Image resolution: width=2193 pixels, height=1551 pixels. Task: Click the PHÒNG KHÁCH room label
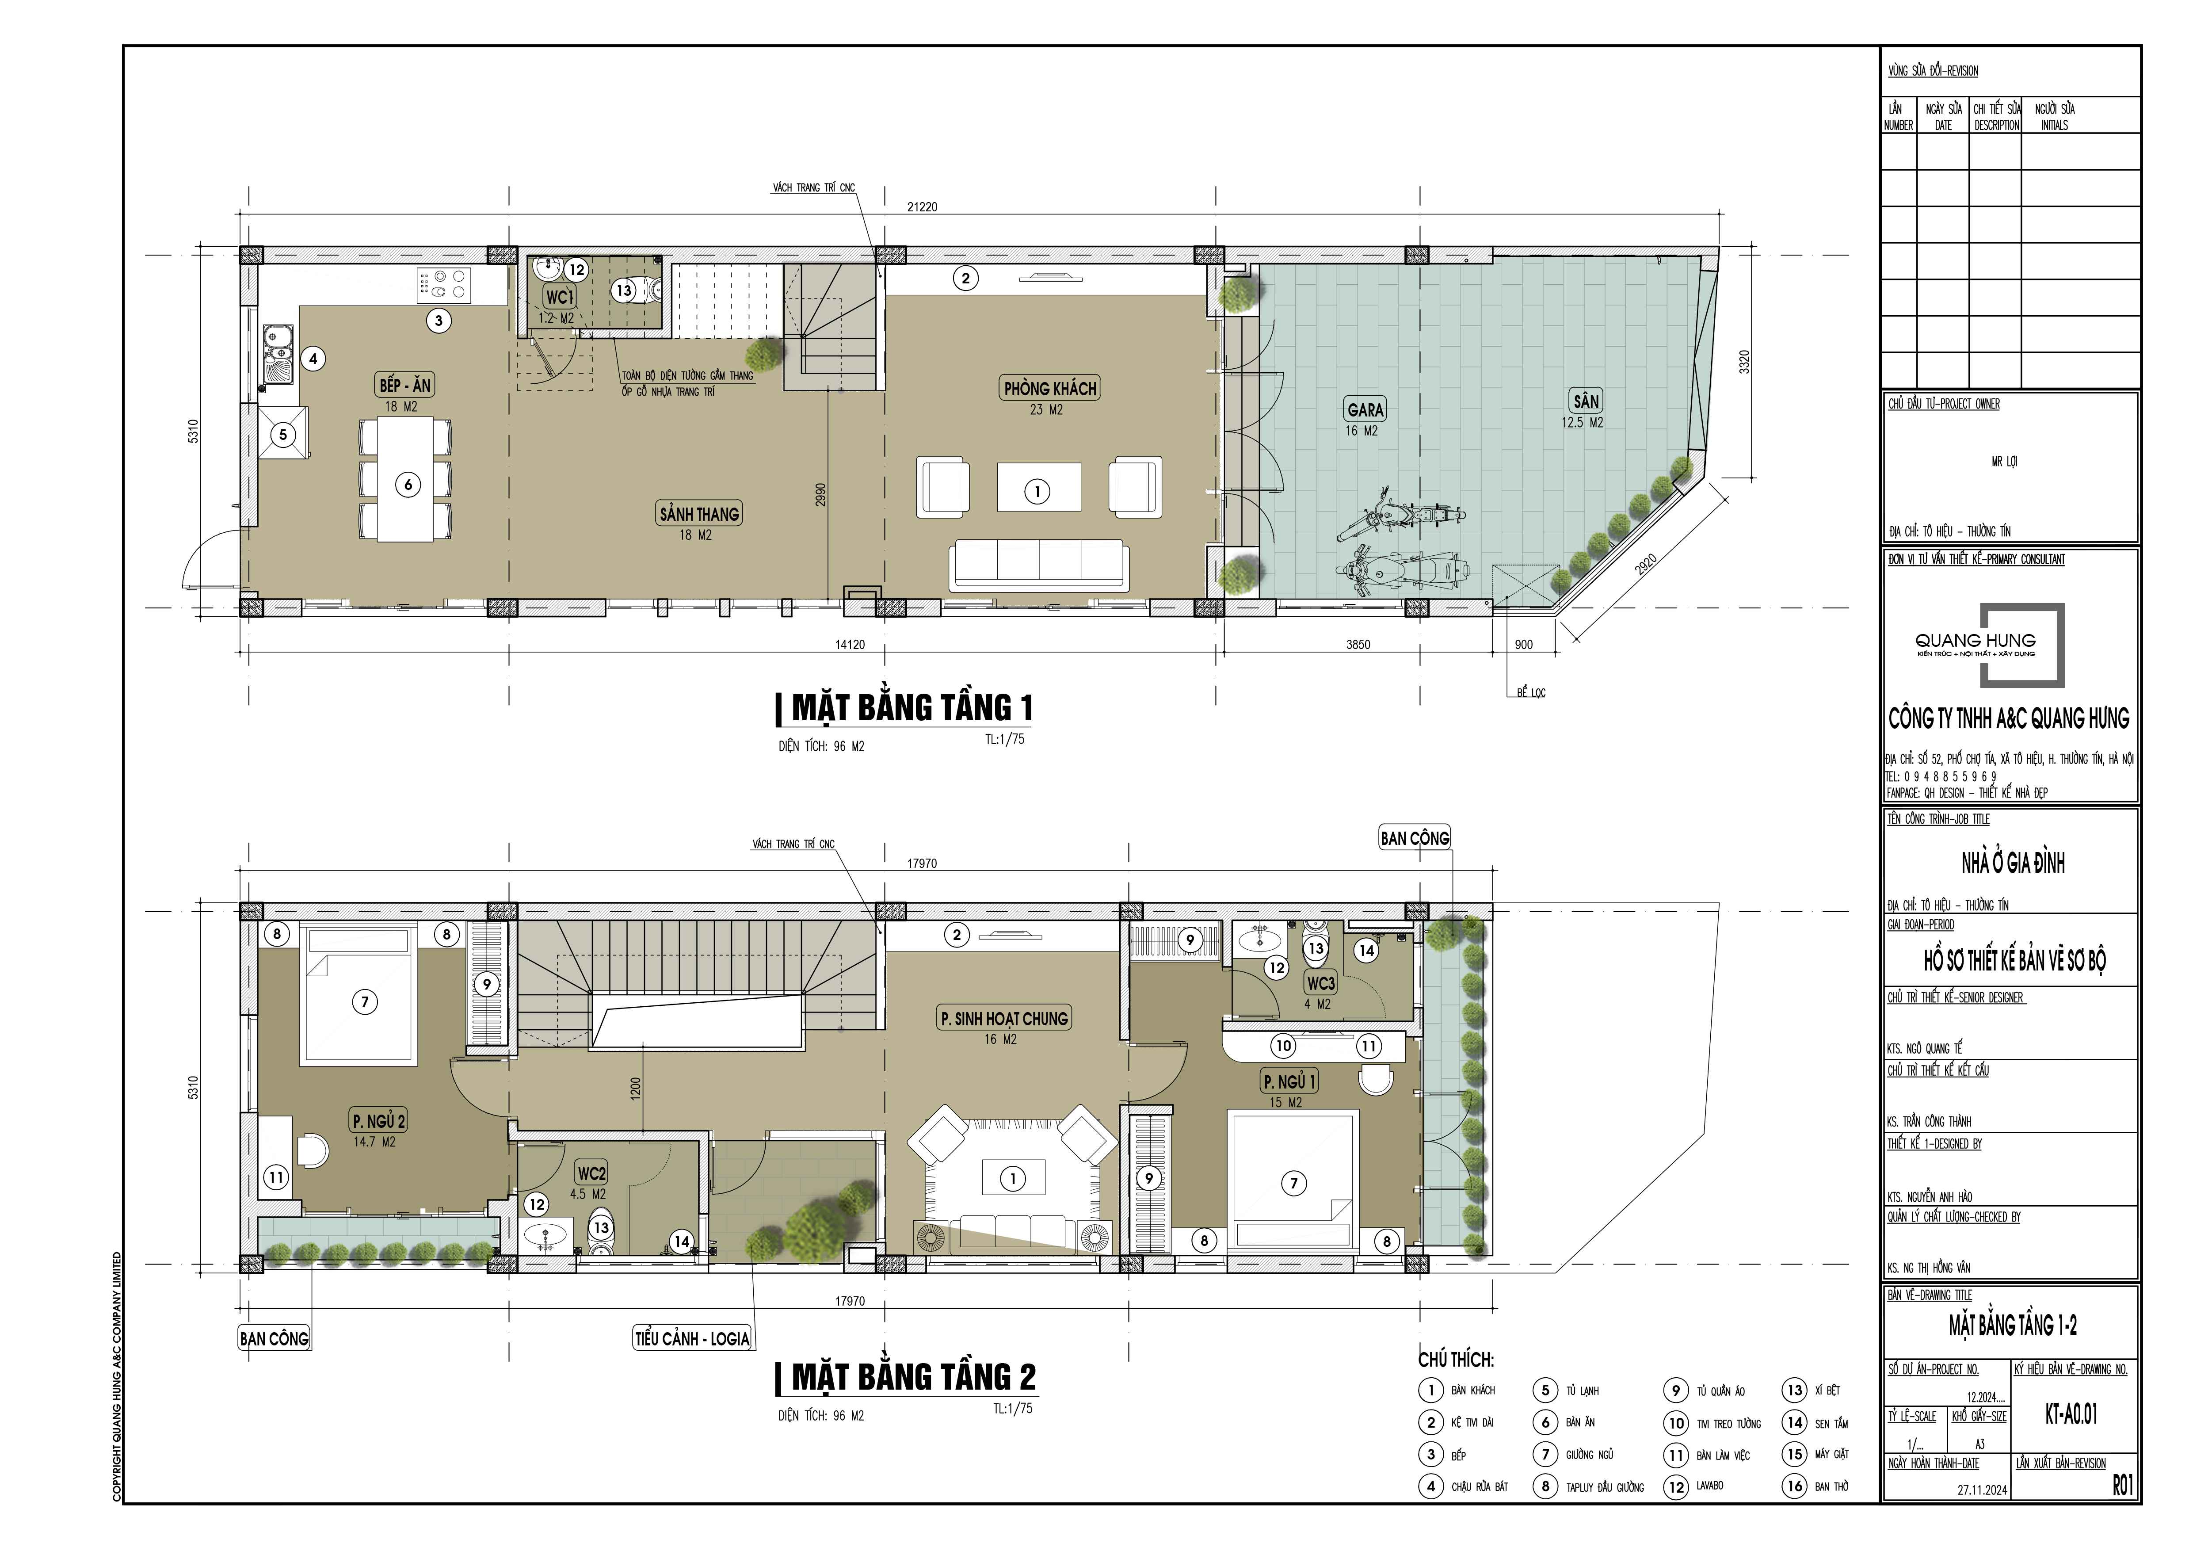coord(1050,389)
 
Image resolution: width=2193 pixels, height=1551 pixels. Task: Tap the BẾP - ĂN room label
coord(405,386)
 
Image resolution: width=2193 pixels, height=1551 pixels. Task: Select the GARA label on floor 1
coord(1365,410)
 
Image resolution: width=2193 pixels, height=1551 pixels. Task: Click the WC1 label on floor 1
coord(560,297)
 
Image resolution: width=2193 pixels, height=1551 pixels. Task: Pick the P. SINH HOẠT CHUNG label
coord(1004,1019)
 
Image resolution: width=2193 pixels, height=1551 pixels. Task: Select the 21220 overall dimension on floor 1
coord(922,206)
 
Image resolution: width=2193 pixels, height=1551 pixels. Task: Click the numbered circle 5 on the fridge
coord(283,435)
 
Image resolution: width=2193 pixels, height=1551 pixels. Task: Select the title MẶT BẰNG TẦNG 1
coord(912,708)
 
